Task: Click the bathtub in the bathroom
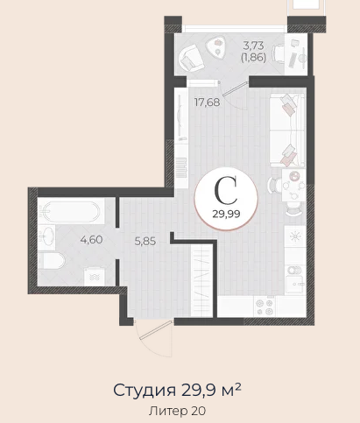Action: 71,211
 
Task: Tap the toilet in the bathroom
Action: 52,260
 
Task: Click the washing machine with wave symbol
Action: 94,277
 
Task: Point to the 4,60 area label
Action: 91,240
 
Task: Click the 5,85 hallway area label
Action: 145,242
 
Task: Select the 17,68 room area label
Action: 207,102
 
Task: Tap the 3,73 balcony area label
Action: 253,46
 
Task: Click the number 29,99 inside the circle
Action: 226,214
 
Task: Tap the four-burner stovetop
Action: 265,307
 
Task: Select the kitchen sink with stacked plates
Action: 295,278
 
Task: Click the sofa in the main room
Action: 287,130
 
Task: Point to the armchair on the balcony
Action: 191,58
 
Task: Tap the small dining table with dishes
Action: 293,186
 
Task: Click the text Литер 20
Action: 177,411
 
